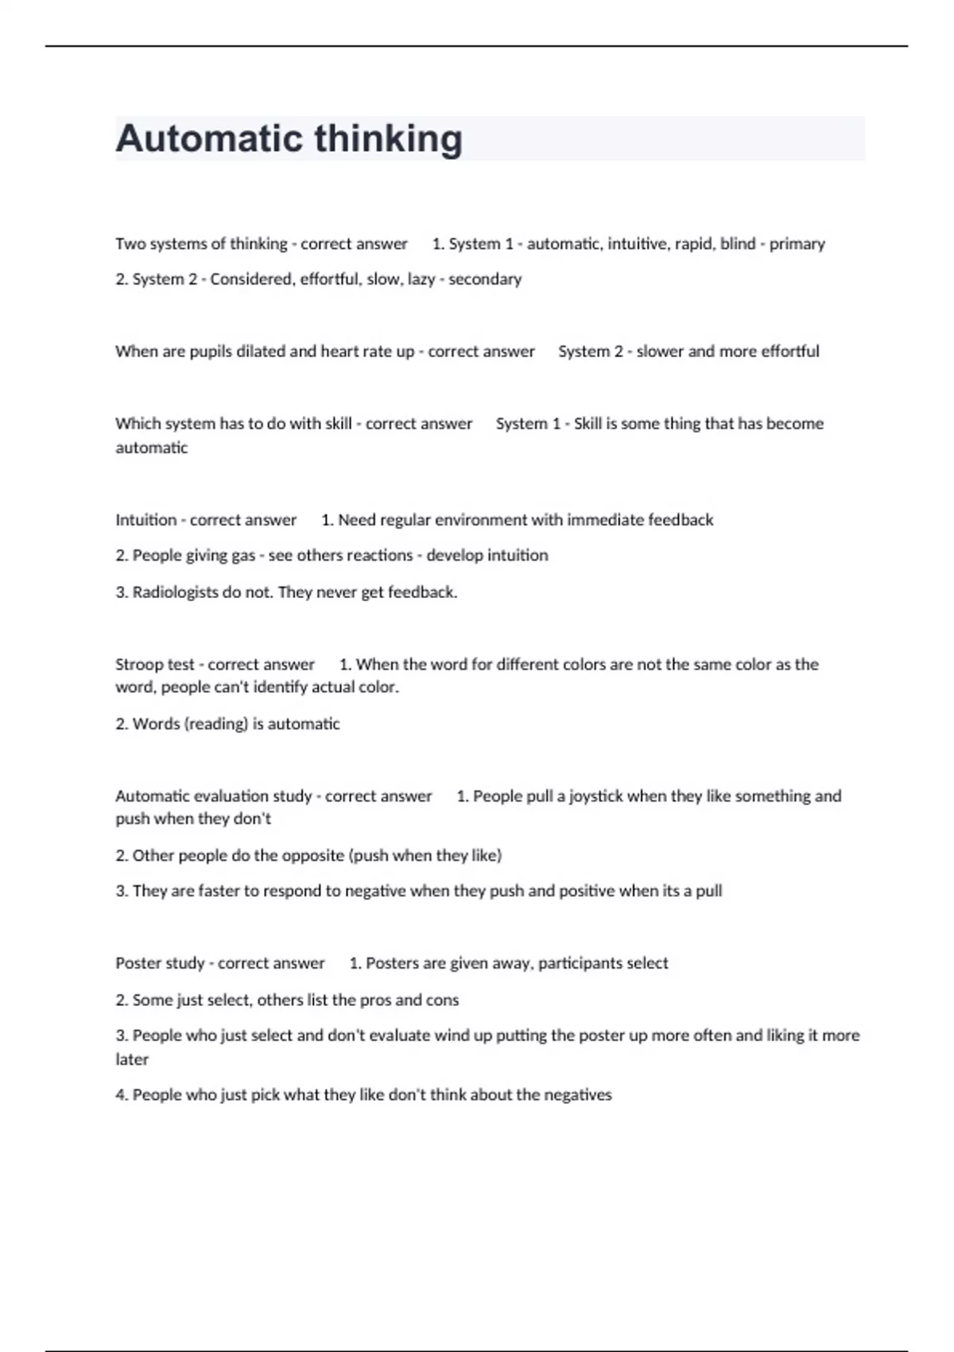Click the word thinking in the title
tap(389, 138)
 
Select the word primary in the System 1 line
tap(797, 244)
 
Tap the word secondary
tap(485, 279)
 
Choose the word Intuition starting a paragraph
tap(146, 520)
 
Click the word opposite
tap(312, 856)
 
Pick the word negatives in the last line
tap(578, 1095)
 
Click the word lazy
tap(421, 279)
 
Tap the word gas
tap(242, 555)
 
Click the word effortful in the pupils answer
tap(789, 352)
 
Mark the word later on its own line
tap(132, 1059)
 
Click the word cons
tap(442, 1000)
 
